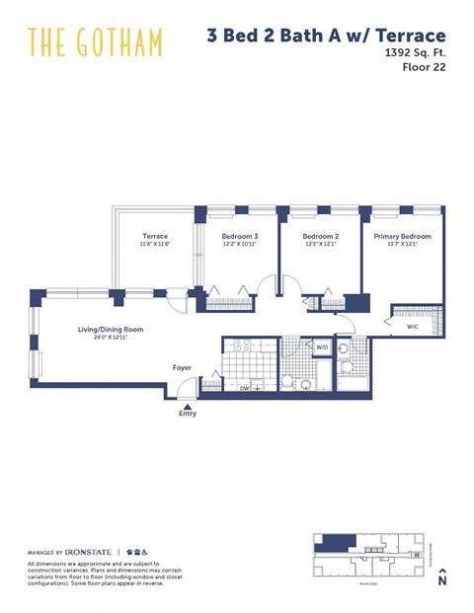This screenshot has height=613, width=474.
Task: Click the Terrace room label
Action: pos(155,236)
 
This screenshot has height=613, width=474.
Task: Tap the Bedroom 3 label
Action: pos(240,236)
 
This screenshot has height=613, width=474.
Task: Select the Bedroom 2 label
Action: pos(321,236)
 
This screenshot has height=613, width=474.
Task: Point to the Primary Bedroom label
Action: pos(402,236)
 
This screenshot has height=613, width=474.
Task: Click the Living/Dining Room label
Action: pos(112,329)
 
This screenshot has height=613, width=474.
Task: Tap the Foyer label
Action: pos(182,367)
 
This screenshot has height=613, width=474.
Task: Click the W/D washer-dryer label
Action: pos(322,347)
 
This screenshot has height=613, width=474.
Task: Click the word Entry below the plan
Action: pos(188,414)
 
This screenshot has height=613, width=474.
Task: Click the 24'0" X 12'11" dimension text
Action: pos(112,338)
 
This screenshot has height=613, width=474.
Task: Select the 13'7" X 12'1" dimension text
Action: pos(402,245)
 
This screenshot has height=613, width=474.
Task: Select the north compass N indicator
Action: pos(442,580)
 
